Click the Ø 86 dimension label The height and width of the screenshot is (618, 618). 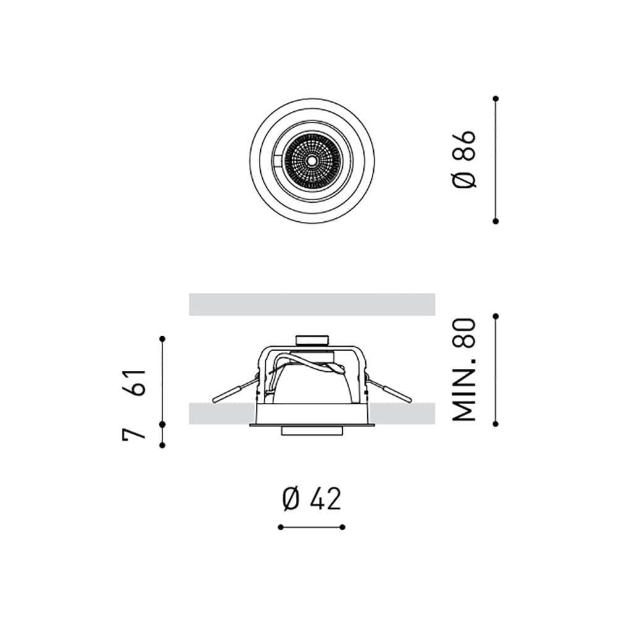pyautogui.click(x=465, y=159)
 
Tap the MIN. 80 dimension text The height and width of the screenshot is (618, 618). pyautogui.click(x=465, y=370)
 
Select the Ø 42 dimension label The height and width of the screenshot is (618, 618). pyautogui.click(x=311, y=499)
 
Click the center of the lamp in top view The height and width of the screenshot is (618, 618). pyautogui.click(x=311, y=160)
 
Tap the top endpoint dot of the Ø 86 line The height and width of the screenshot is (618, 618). pyautogui.click(x=495, y=98)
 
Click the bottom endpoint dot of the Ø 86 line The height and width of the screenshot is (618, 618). pyautogui.click(x=495, y=221)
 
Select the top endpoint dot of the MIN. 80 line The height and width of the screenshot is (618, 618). pyautogui.click(x=495, y=316)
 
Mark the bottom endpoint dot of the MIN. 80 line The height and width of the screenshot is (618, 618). pyautogui.click(x=495, y=424)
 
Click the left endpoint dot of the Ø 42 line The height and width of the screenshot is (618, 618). pyautogui.click(x=280, y=527)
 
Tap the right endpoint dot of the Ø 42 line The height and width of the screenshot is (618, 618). pyautogui.click(x=343, y=527)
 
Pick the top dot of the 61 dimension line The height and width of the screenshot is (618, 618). pyautogui.click(x=162, y=338)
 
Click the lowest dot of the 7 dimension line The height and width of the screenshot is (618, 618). pyautogui.click(x=162, y=445)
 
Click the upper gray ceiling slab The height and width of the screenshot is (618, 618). pyautogui.click(x=312, y=304)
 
